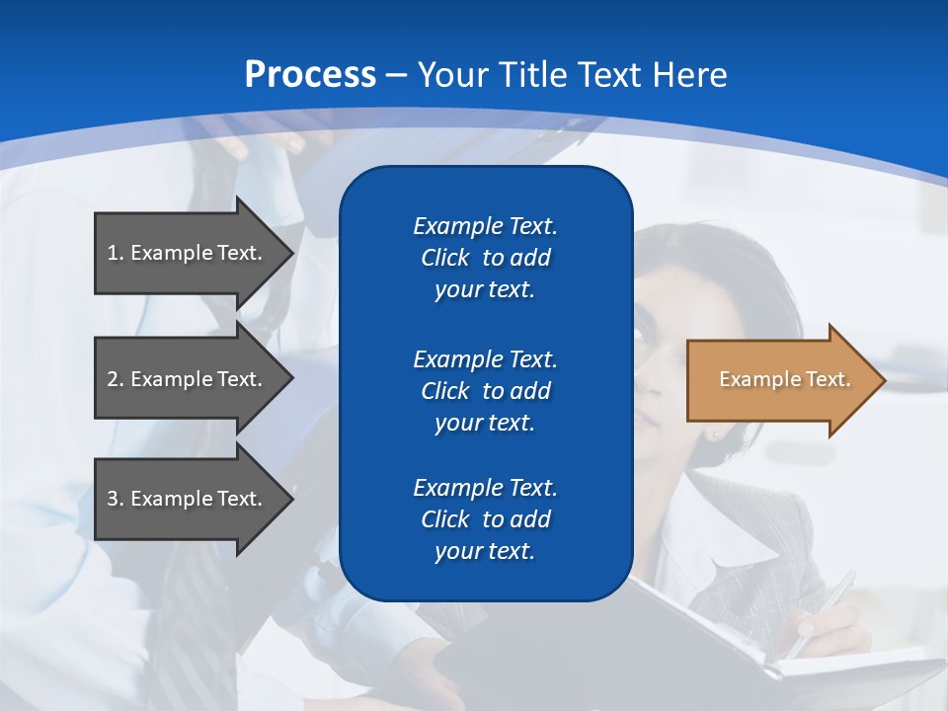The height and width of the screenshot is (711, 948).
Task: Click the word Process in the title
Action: pos(310,75)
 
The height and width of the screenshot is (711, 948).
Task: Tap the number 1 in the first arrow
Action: pos(113,253)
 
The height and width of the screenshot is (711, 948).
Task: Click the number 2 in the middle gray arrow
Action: pos(113,379)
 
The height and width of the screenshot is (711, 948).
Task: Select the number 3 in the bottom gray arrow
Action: pos(113,499)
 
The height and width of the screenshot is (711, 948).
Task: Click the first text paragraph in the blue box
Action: pos(485,258)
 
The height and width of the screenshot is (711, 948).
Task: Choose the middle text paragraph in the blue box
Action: pos(485,391)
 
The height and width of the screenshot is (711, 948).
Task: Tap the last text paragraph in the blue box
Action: pos(485,519)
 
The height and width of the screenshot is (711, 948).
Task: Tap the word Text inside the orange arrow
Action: pos(828,379)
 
